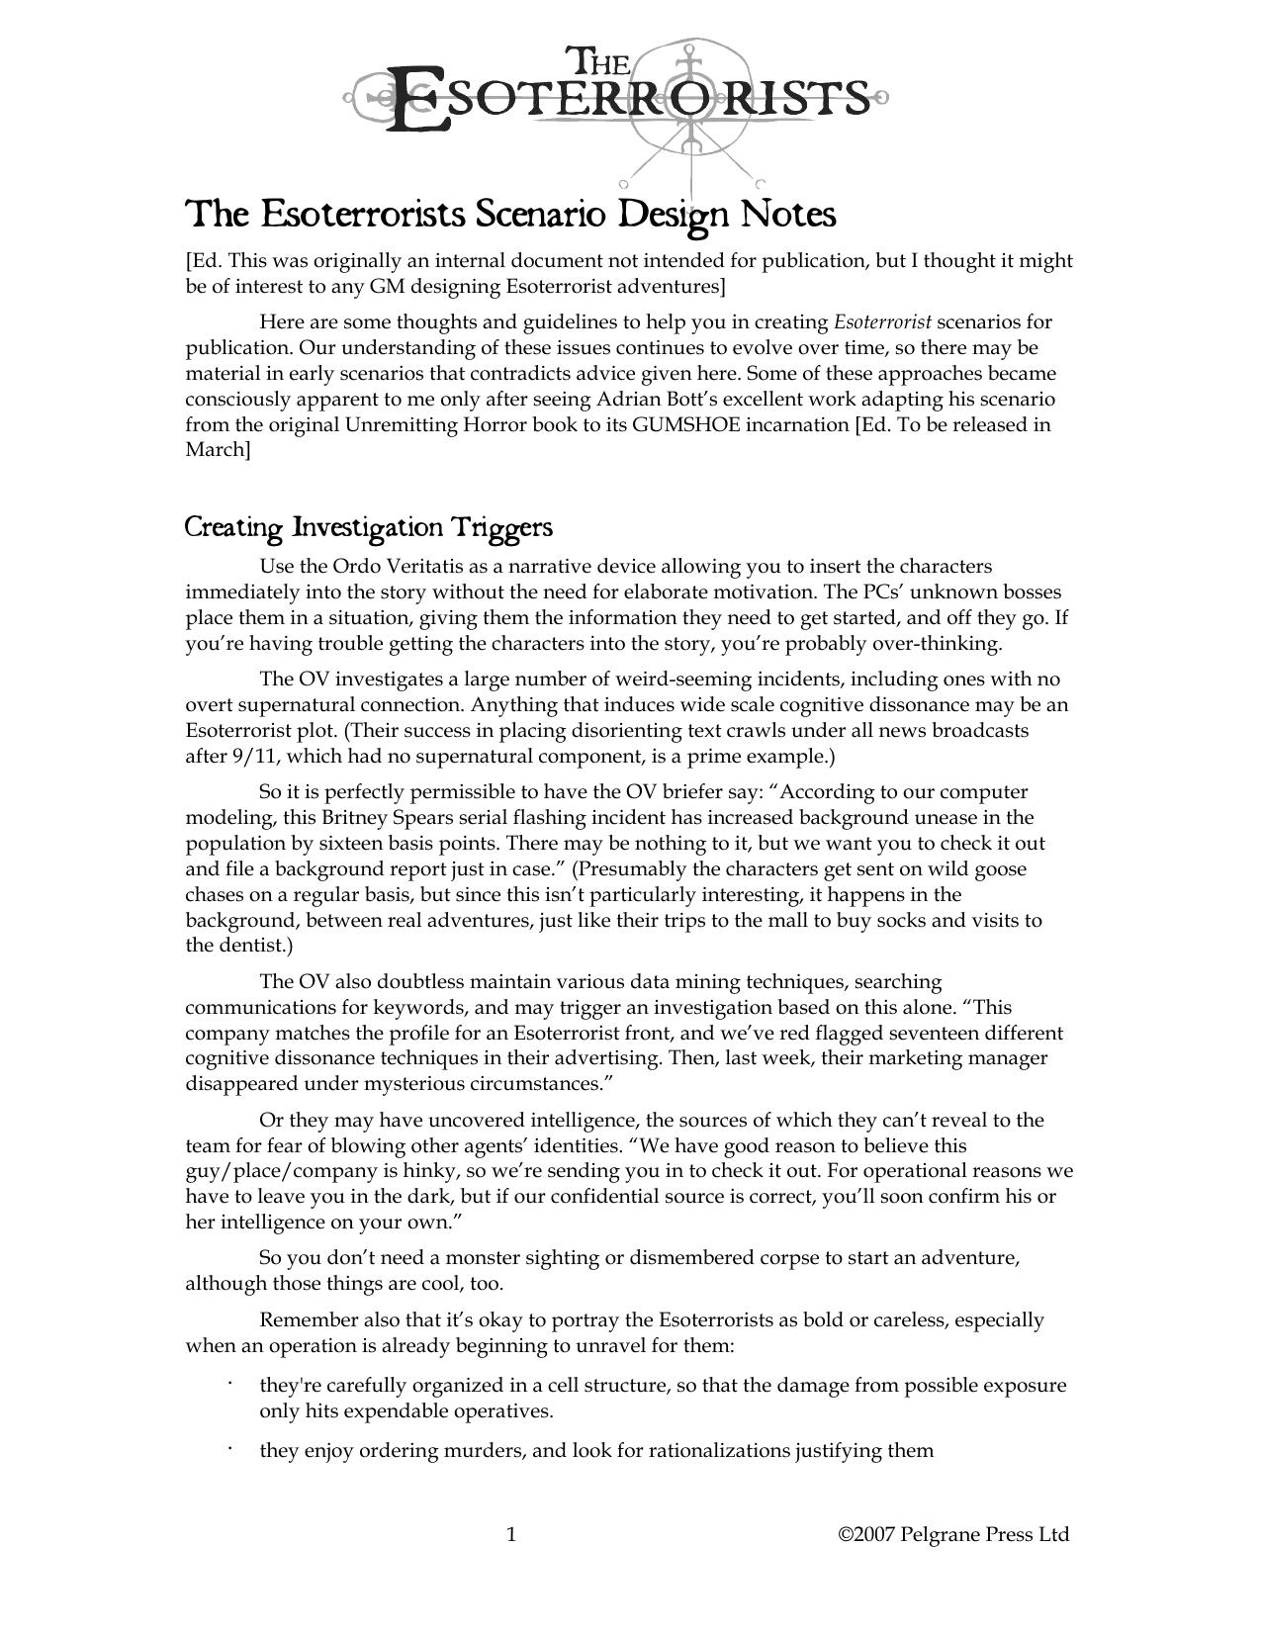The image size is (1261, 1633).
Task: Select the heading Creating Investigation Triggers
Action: pyautogui.click(x=368, y=527)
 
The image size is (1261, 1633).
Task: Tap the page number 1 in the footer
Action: pyautogui.click(x=511, y=1534)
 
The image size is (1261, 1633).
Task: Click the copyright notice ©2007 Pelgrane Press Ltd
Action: pyautogui.click(x=953, y=1534)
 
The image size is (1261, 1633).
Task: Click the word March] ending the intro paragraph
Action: pyautogui.click(x=218, y=451)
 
